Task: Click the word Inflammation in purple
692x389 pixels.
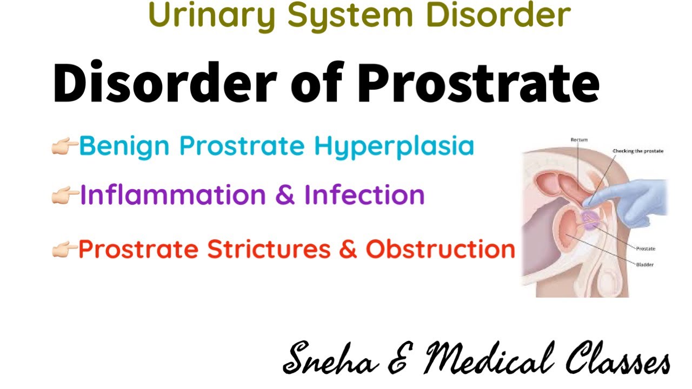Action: coord(173,195)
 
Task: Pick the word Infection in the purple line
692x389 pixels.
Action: coord(364,195)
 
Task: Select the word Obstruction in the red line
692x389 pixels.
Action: coord(440,249)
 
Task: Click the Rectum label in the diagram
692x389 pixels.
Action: coord(578,140)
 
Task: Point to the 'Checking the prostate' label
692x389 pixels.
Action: coord(637,151)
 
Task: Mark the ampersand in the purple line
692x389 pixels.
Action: coord(284,196)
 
